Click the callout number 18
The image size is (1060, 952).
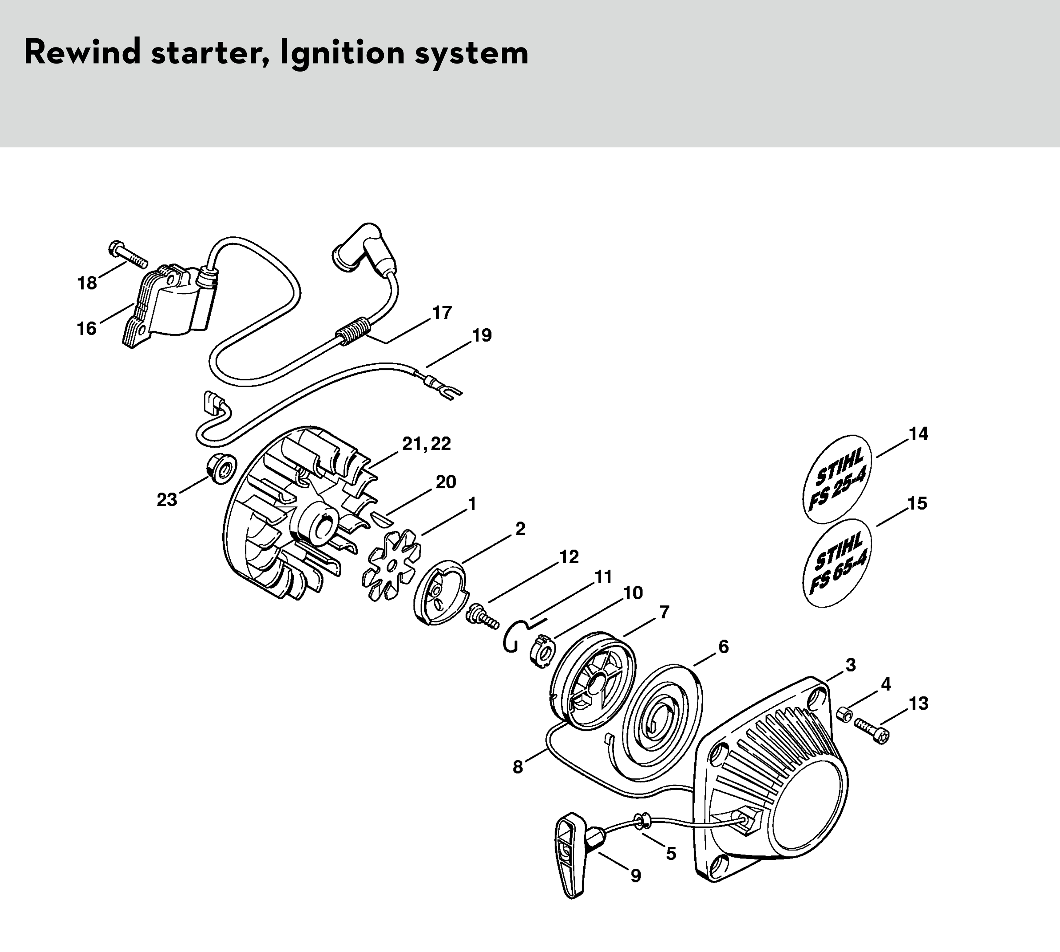pyautogui.click(x=87, y=283)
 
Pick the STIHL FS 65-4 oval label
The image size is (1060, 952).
pyautogui.click(x=837, y=562)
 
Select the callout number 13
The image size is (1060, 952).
pyautogui.click(x=919, y=704)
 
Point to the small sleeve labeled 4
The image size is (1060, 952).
pyautogui.click(x=843, y=715)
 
